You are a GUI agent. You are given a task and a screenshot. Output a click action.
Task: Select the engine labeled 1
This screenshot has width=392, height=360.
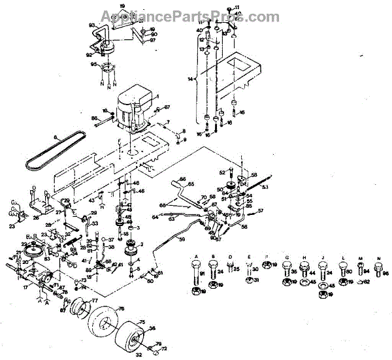(x=133, y=108)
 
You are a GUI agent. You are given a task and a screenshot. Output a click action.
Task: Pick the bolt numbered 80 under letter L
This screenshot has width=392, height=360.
(x=344, y=267)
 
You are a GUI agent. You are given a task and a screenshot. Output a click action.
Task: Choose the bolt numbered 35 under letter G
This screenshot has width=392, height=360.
(x=287, y=267)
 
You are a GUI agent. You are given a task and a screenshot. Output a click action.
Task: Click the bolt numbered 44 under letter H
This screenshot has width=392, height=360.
(x=305, y=267)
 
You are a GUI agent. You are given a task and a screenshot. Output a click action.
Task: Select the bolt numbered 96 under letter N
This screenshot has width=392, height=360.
(x=378, y=267)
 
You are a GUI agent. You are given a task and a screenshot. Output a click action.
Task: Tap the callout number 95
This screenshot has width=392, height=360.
(x=94, y=64)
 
